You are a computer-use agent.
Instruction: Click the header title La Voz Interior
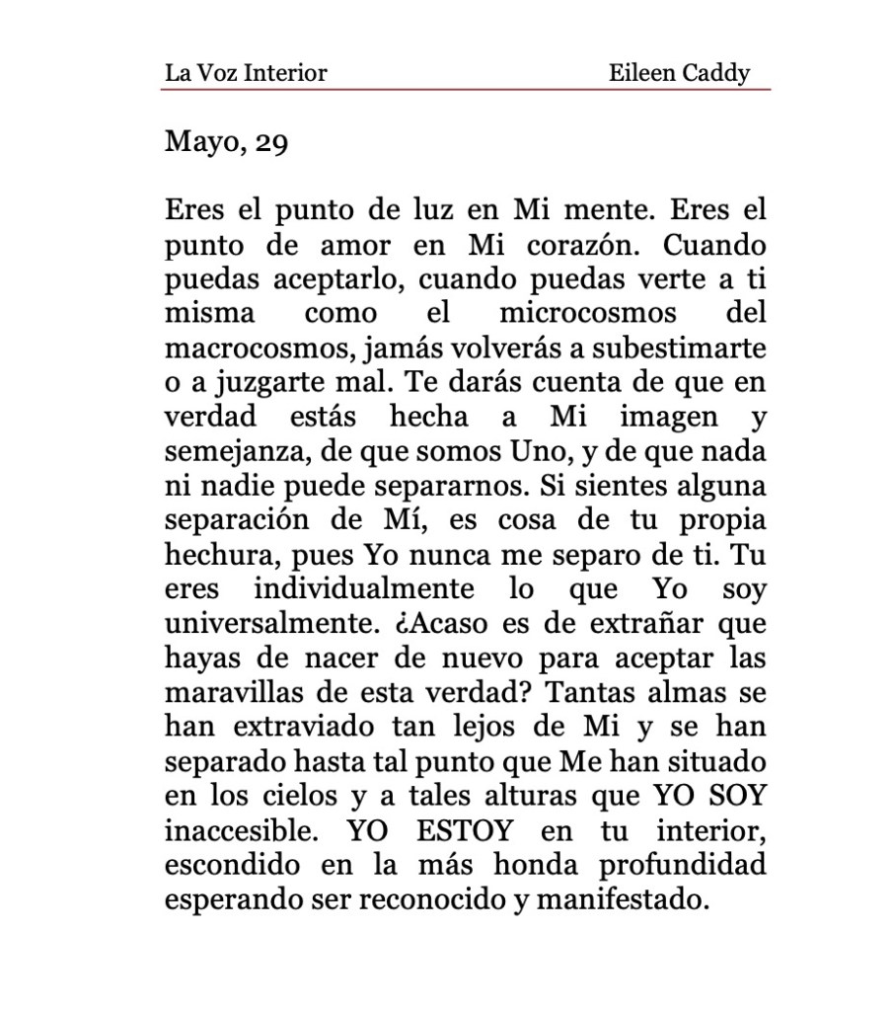point(246,72)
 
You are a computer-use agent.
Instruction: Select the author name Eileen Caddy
point(680,72)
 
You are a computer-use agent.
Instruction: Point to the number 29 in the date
point(271,143)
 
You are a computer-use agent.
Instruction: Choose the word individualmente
point(365,591)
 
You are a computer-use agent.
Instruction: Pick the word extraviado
point(302,730)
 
